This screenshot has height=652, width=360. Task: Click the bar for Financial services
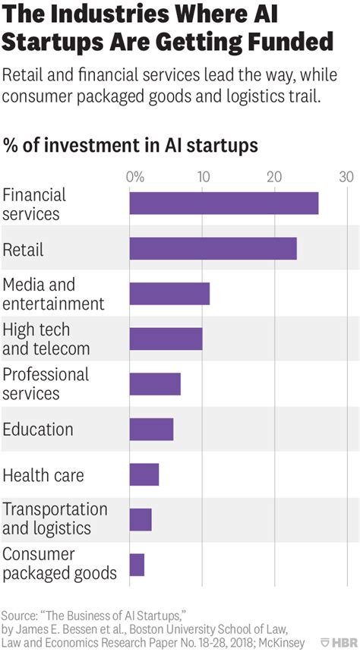click(223, 203)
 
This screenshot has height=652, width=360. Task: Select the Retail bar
click(213, 249)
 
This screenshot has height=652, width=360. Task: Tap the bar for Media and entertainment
click(169, 294)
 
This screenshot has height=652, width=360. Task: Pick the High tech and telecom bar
click(166, 339)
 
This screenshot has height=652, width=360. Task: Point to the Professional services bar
click(155, 384)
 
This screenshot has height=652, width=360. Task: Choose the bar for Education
click(151, 429)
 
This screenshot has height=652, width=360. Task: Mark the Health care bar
click(144, 474)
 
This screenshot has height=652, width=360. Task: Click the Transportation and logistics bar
click(141, 519)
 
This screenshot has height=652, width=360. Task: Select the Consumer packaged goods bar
click(137, 565)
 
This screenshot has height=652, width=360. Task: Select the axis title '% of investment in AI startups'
click(130, 144)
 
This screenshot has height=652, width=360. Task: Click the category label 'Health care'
click(43, 475)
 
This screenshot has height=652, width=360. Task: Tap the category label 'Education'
click(38, 430)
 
